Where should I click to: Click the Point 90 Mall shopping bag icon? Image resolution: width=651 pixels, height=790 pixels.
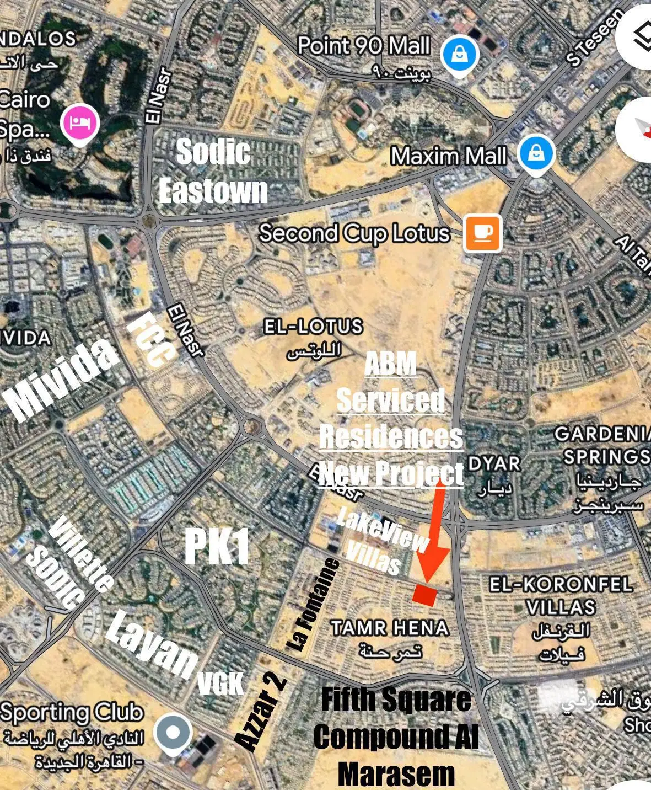pyautogui.click(x=460, y=54)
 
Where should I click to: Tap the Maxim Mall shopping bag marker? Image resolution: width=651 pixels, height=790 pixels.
pyautogui.click(x=536, y=153)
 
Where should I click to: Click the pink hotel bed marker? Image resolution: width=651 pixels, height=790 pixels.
pyautogui.click(x=80, y=122)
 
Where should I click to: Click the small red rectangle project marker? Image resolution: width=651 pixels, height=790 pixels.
pyautogui.click(x=425, y=594)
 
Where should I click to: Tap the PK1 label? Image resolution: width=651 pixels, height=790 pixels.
pyautogui.click(x=217, y=547)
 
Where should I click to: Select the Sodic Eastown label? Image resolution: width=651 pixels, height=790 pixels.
pyautogui.click(x=213, y=172)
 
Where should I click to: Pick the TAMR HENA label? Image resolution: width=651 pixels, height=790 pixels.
pyautogui.click(x=390, y=628)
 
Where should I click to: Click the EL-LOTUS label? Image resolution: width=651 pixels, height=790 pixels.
pyautogui.click(x=313, y=327)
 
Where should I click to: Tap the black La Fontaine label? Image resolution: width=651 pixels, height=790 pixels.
pyautogui.click(x=314, y=604)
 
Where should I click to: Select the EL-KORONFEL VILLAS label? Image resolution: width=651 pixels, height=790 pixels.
pyautogui.click(x=561, y=596)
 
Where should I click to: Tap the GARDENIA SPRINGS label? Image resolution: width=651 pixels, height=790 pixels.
pyautogui.click(x=602, y=445)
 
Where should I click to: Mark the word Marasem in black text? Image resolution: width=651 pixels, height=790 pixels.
pyautogui.click(x=396, y=775)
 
